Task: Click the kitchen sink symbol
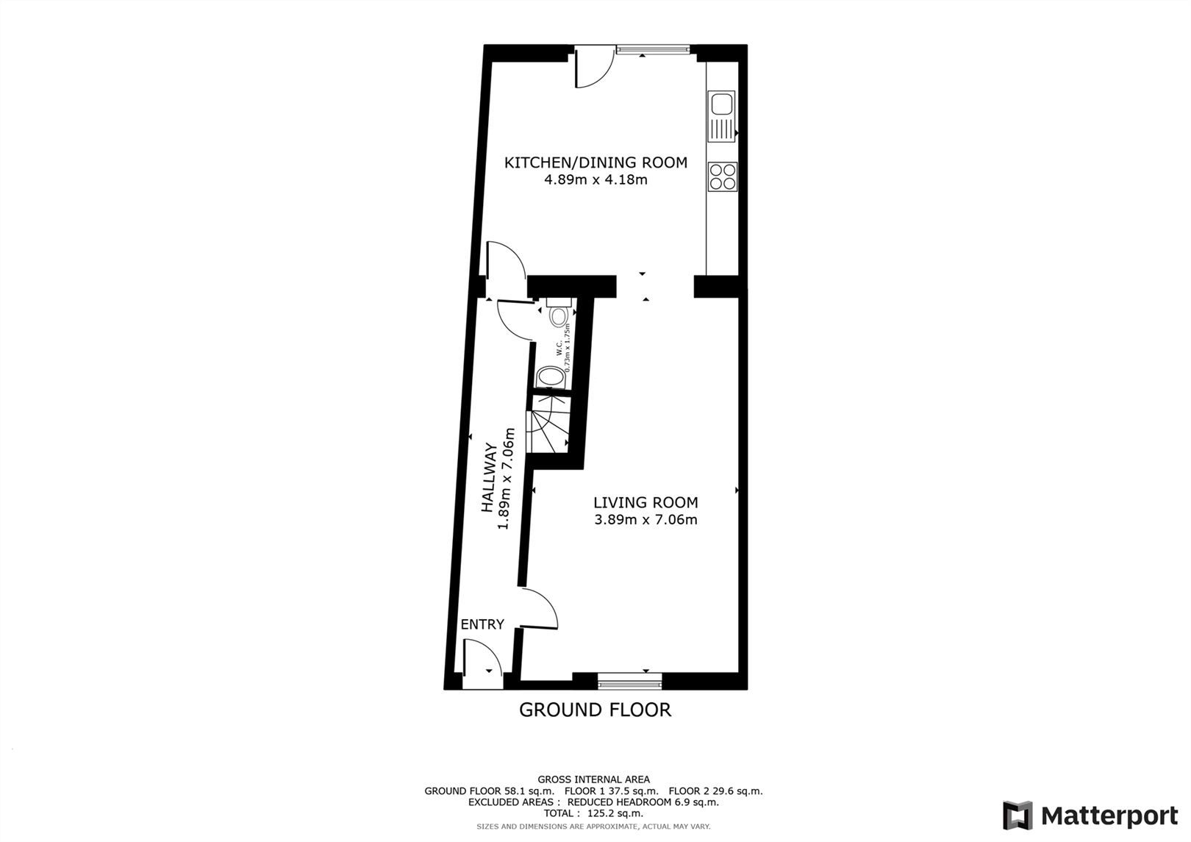coord(721,115)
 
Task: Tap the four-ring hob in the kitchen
coord(722,176)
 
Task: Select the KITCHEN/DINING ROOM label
coord(595,163)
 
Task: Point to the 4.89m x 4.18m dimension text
coord(595,179)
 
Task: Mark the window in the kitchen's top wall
coord(653,50)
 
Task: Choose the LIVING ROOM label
coord(645,503)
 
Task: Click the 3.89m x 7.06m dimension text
coord(645,520)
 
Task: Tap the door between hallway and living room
coord(540,609)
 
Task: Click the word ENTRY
coord(482,624)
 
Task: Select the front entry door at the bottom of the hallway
coord(482,657)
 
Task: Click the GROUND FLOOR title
coord(595,710)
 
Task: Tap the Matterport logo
coord(1090,816)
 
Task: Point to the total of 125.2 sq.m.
coord(594,813)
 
